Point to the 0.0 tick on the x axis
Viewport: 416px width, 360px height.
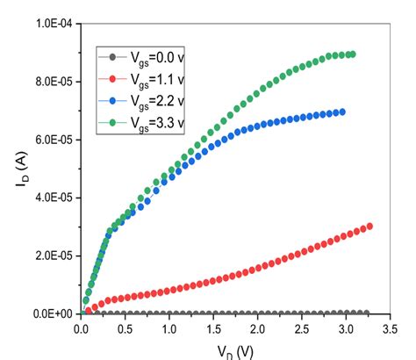[x=81, y=330]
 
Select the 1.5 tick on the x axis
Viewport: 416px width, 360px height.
[x=212, y=330]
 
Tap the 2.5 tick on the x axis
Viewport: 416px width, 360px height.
[x=299, y=330]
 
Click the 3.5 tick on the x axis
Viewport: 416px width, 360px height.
[x=387, y=330]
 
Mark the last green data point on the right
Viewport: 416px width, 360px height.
[x=352, y=54]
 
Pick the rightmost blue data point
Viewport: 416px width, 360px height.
[x=341, y=112]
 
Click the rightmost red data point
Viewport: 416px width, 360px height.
[x=369, y=226]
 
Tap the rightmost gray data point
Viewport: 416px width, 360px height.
[x=366, y=313]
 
